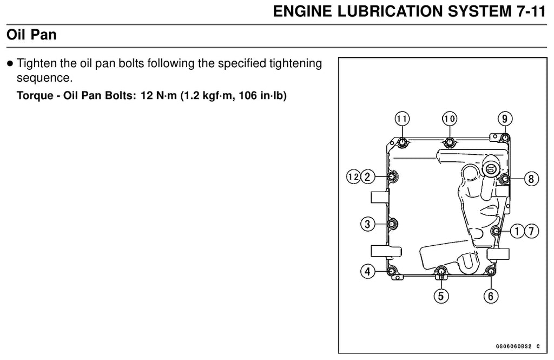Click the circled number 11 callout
click(402, 119)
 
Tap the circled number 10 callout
click(450, 119)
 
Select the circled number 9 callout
click(505, 119)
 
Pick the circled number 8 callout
click(531, 179)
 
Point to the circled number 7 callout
click(531, 231)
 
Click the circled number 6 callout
click(491, 296)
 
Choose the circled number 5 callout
click(441, 296)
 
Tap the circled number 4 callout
click(367, 272)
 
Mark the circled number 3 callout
click(367, 224)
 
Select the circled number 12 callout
click(353, 176)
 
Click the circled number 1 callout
click(517, 231)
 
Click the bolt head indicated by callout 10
click(450, 142)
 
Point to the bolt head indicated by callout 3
click(392, 224)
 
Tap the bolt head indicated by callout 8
click(505, 179)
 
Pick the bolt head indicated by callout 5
click(440, 271)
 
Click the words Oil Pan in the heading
click(31, 35)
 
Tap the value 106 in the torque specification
click(248, 95)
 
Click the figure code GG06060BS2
click(513, 346)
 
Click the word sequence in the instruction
click(44, 78)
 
